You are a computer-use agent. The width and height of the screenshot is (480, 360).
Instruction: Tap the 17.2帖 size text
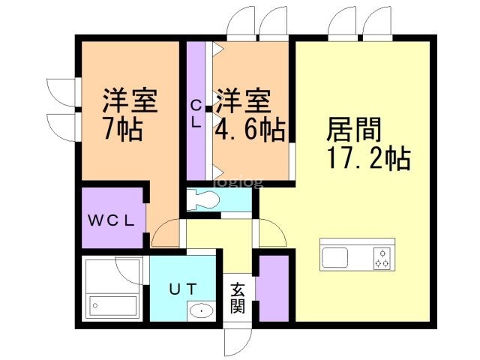367,158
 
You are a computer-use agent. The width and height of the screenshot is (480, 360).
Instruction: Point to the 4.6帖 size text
250,130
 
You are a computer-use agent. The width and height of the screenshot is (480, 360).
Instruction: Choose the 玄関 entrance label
238,298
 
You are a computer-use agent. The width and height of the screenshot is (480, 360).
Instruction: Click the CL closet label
196,115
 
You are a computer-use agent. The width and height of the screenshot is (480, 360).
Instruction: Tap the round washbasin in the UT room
200,310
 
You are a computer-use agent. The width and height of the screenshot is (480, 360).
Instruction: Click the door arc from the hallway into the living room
271,233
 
